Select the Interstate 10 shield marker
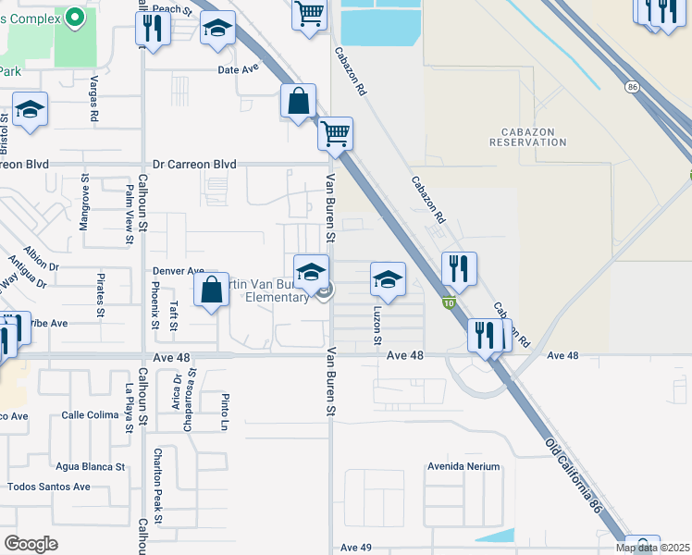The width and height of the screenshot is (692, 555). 448,302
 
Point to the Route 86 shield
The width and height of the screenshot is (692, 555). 632,86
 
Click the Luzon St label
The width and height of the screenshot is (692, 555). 377,326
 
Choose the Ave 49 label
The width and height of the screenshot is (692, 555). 355,548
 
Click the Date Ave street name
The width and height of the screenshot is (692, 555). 238,69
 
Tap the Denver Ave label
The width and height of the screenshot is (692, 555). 179,271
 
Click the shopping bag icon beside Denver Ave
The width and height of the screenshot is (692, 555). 212,289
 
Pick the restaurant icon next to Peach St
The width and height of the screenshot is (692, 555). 153,29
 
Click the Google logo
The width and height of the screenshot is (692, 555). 31,544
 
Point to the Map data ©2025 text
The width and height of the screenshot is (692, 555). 652,548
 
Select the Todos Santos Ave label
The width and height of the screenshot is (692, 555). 49,487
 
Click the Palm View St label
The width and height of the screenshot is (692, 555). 130,214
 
